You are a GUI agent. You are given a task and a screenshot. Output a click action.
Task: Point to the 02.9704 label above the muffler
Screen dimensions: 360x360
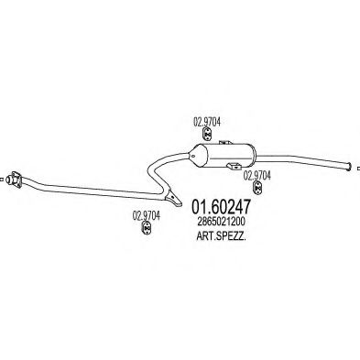point(205,119)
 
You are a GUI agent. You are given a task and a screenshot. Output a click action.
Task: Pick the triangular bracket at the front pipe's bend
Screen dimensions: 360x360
point(169,196)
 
